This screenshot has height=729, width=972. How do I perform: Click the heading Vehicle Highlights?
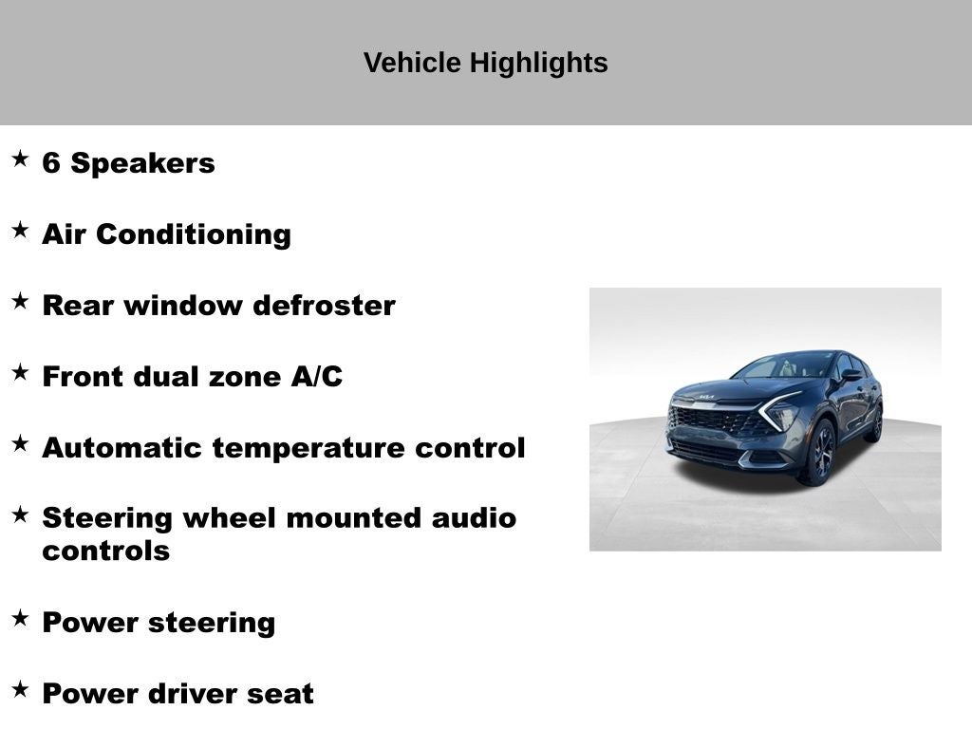(x=485, y=63)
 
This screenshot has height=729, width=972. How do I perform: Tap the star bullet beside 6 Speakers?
(x=20, y=159)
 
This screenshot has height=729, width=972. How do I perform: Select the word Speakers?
(x=143, y=163)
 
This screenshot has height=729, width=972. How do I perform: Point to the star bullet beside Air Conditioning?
(x=20, y=230)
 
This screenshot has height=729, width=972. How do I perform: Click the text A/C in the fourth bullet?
(x=316, y=377)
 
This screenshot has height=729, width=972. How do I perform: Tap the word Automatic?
(x=122, y=448)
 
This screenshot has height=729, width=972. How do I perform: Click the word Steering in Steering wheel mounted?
(x=107, y=518)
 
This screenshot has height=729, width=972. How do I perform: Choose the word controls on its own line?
(x=105, y=551)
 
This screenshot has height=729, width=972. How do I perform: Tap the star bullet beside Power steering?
(x=20, y=618)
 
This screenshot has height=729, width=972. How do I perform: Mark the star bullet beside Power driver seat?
(x=20, y=689)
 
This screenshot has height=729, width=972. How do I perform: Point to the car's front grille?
(x=714, y=420)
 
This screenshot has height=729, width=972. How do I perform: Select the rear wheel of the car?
(x=875, y=423)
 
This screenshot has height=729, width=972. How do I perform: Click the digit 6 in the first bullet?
(x=51, y=163)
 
